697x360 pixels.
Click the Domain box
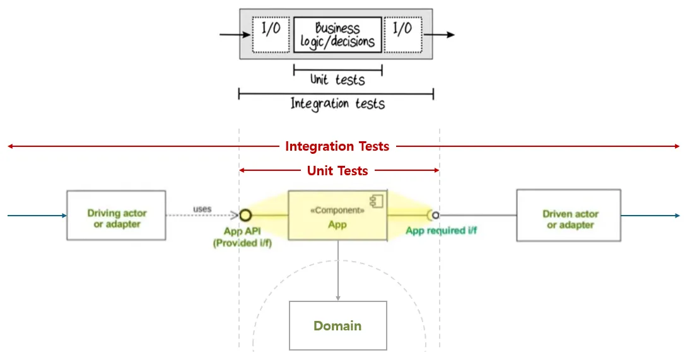[338, 325]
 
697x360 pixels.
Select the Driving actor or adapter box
[116, 215]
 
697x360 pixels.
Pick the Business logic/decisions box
[337, 35]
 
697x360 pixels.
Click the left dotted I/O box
[271, 34]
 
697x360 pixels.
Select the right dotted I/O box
[402, 34]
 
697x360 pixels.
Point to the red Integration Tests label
[337, 146]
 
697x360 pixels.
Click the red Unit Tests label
[337, 170]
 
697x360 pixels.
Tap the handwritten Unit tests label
[337, 80]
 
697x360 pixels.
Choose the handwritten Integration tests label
[337, 103]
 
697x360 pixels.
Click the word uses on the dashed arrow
[202, 209]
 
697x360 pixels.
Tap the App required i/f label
[441, 231]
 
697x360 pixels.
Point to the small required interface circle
[435, 215]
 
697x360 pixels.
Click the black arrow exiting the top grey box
[443, 35]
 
